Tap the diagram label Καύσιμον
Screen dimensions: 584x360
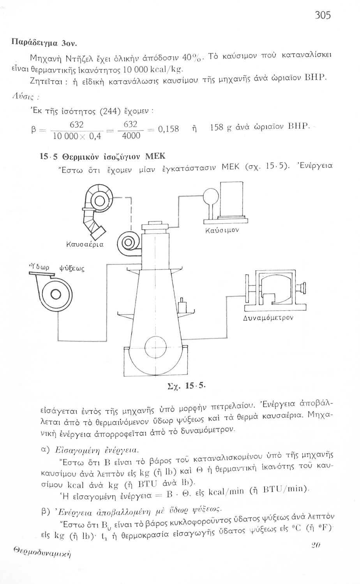pyautogui.click(x=222, y=230)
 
